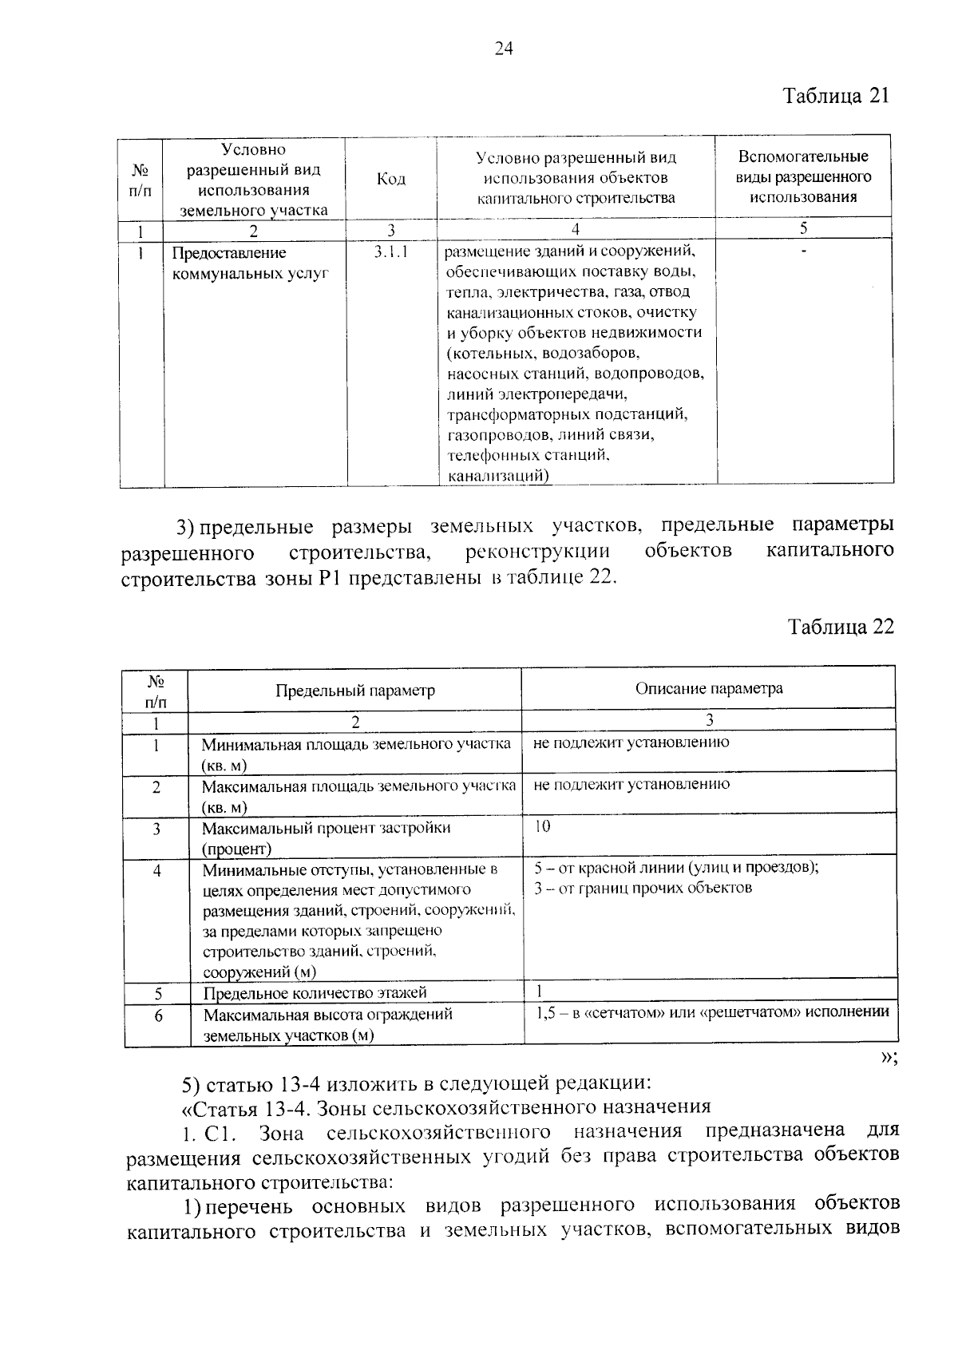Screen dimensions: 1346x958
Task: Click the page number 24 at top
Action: point(503,49)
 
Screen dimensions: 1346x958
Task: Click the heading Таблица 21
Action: point(835,97)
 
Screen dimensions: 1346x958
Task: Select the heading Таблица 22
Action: point(841,625)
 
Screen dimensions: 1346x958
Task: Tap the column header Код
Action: point(390,179)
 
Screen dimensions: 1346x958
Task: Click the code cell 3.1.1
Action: point(390,253)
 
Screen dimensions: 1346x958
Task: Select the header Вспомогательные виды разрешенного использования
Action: point(803,177)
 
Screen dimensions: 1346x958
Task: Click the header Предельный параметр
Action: point(355,691)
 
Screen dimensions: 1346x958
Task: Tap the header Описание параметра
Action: point(709,688)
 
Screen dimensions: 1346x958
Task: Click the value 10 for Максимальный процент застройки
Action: point(542,826)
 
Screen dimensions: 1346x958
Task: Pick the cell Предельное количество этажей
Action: point(315,992)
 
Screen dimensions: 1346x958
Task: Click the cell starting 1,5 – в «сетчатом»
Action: point(711,1011)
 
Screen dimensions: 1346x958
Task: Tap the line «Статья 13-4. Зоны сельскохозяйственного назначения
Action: point(446,1107)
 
